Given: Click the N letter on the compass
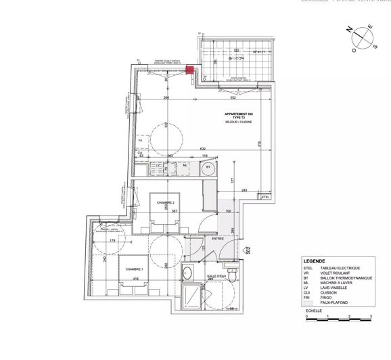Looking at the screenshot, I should click(x=349, y=31).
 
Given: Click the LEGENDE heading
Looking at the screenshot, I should click(x=315, y=261).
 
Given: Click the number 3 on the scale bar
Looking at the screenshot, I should click(x=370, y=317).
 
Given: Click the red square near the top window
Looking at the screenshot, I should click(x=190, y=69).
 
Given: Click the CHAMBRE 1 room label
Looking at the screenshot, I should click(x=135, y=269).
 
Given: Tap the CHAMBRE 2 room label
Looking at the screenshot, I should click(x=166, y=202).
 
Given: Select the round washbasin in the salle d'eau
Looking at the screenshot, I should click(x=187, y=275).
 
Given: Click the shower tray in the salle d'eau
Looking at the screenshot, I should click(x=195, y=297).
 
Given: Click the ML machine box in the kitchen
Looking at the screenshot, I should click(x=185, y=167).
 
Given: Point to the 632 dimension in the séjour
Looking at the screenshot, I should click(x=202, y=149).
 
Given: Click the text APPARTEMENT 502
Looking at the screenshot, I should click(x=240, y=114).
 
